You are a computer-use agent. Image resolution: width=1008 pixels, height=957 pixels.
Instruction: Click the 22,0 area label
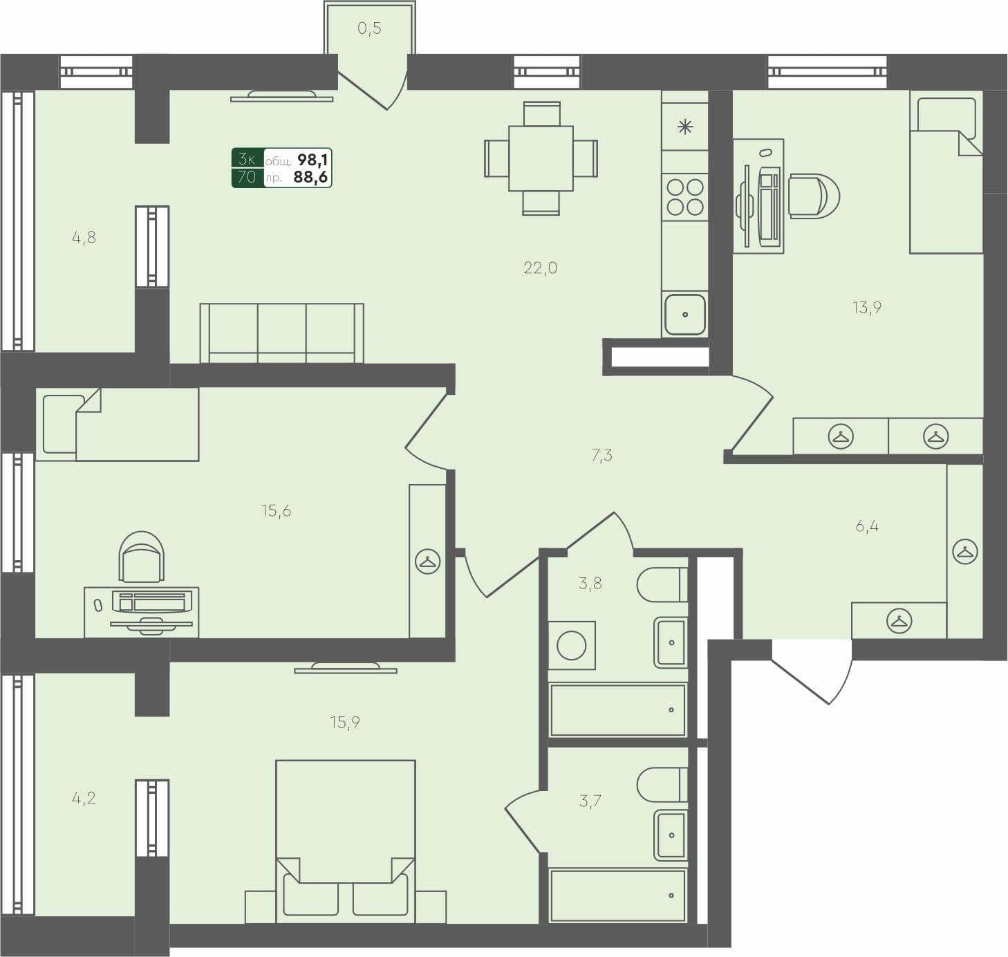tap(540, 268)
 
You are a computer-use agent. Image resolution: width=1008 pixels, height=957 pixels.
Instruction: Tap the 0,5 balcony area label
tap(369, 28)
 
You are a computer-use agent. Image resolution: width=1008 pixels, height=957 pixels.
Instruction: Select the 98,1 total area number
tap(312, 160)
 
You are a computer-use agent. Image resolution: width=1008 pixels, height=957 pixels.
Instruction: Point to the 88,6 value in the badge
tap(310, 177)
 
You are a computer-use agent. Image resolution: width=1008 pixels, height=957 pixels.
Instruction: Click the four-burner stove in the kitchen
tap(684, 197)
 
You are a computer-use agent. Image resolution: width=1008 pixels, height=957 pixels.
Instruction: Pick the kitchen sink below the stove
tap(685, 314)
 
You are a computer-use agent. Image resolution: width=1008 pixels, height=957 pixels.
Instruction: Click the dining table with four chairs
tap(541, 158)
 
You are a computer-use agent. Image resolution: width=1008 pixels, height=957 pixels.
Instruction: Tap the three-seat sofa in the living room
tap(281, 333)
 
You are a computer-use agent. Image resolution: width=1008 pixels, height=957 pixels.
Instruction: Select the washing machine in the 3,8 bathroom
tap(572, 646)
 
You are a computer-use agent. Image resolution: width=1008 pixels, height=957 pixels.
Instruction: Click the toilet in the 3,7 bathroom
tap(662, 785)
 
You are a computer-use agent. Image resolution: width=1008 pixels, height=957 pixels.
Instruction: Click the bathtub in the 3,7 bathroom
tap(617, 895)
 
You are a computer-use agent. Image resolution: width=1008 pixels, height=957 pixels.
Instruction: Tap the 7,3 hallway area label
tap(601, 455)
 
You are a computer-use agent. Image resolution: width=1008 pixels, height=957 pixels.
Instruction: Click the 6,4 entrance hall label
tap(867, 526)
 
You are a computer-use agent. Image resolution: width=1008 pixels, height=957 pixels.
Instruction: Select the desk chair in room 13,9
tap(814, 196)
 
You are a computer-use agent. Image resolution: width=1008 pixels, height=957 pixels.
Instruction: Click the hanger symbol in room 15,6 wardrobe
tap(427, 561)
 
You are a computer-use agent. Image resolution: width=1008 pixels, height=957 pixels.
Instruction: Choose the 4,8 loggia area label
tap(84, 238)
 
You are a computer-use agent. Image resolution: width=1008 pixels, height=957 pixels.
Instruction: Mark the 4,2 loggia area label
tap(84, 799)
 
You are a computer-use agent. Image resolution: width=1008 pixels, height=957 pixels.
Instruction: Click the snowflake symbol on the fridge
tap(684, 127)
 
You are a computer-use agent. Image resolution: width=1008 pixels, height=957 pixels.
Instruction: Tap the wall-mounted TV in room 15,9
tap(345, 668)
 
